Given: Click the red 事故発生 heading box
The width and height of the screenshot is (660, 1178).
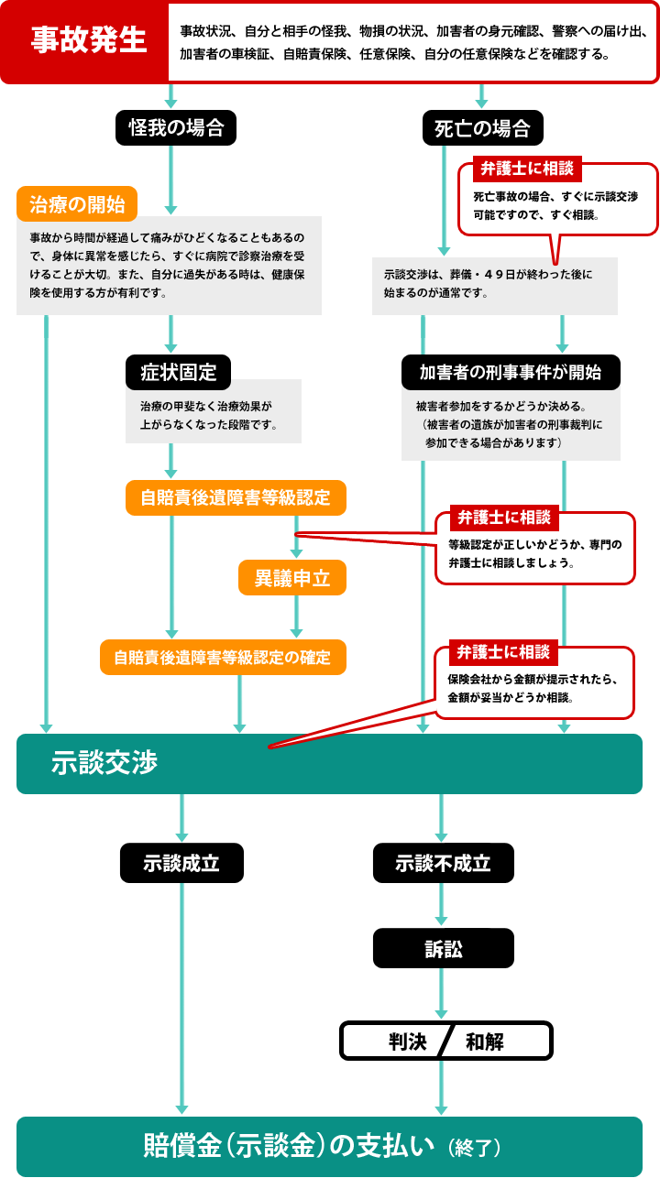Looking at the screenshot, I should [x=88, y=42].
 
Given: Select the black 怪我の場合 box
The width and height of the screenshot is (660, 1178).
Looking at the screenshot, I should [x=176, y=127].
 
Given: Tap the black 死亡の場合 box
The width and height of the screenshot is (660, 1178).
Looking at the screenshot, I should [x=482, y=127].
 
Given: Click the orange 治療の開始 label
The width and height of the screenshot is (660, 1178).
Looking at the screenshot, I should [x=77, y=202].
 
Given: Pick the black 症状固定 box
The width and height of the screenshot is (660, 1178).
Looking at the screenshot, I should [x=179, y=372].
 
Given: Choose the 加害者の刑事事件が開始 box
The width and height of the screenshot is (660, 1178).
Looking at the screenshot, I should [x=511, y=372].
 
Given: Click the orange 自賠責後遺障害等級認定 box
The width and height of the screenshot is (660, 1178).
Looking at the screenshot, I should [x=236, y=497].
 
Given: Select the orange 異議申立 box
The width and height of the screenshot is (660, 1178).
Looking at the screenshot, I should [x=292, y=577].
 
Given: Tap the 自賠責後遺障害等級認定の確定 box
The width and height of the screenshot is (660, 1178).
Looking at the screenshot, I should [x=223, y=657].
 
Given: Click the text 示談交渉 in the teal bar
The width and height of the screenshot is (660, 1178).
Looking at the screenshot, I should [x=104, y=763].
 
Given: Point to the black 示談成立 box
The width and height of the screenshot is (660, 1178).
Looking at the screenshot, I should [x=181, y=862].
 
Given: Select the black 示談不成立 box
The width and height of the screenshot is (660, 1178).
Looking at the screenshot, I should [x=443, y=862].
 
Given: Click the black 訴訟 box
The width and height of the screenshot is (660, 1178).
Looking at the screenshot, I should [x=443, y=950].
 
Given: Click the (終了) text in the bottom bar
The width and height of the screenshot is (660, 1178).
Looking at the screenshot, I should [x=475, y=1147].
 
